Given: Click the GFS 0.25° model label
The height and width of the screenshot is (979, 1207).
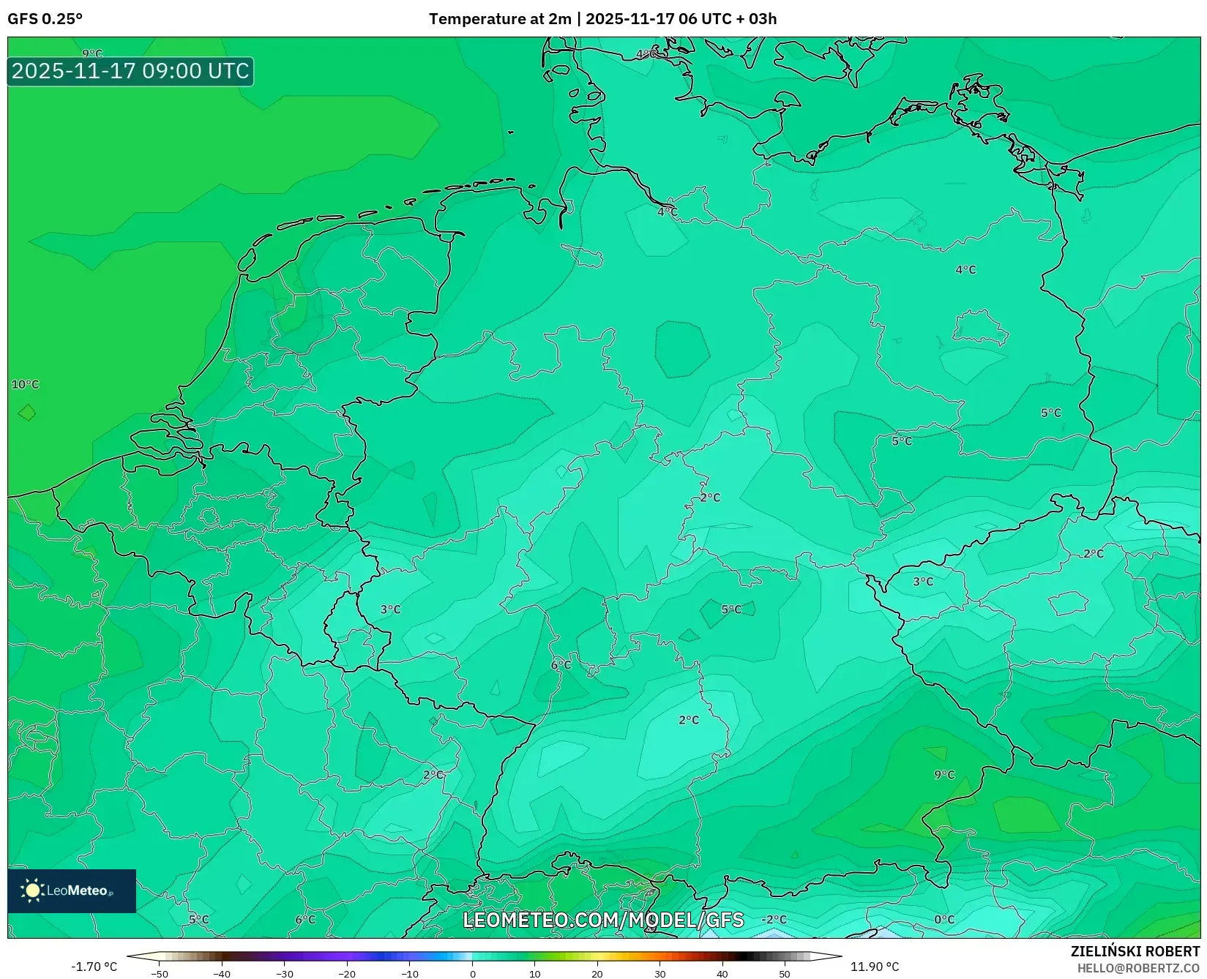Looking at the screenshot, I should coord(45,19).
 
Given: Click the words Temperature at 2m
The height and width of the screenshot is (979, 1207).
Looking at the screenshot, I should coord(499,19).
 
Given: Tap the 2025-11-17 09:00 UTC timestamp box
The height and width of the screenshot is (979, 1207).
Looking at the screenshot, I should coord(130,71).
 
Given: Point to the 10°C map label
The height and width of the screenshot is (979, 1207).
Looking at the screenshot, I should coord(25,384).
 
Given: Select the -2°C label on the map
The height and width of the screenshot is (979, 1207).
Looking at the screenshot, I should coord(774,919).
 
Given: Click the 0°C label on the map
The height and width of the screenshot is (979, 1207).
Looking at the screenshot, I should coord(944,919).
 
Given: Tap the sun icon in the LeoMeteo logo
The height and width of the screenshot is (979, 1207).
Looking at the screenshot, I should coord(32,890).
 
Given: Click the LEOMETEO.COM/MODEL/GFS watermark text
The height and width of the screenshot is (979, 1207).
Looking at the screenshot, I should coord(603,920).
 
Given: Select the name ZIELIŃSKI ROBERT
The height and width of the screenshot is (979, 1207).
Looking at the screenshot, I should coord(1135,951).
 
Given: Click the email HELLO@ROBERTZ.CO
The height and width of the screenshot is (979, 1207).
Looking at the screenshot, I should coord(1138,967).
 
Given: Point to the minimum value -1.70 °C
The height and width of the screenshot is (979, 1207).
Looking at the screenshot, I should coord(94,967).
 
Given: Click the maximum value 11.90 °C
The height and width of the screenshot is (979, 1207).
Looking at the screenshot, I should coord(874,967).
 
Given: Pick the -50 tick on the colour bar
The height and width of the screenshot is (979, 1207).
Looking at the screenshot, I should coord(160,974).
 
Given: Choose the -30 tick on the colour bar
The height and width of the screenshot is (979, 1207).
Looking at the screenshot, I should coord(285,974).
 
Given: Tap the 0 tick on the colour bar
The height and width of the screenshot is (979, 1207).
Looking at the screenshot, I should coord(472,974).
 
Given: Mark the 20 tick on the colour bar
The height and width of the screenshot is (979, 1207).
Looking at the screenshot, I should coord(597,974).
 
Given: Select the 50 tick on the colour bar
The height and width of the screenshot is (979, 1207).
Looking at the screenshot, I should coord(785,974).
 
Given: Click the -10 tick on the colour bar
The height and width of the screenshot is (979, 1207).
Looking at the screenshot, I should coord(410,974).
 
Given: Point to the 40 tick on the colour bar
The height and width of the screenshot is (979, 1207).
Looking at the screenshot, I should coord(722,974).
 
